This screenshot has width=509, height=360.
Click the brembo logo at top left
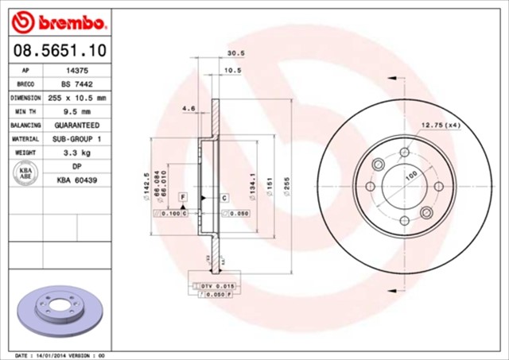(56, 20)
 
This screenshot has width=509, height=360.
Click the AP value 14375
(76, 71)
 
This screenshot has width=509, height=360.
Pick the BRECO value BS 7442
(76, 84)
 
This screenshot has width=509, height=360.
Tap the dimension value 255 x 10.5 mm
(76, 98)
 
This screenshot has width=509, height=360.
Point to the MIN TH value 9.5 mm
(76, 111)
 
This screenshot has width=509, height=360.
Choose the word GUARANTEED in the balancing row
(76, 126)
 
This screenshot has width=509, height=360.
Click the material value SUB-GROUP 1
(76, 139)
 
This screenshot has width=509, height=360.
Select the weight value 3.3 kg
(76, 153)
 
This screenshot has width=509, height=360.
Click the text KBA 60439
(76, 180)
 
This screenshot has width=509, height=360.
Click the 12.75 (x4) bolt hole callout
(440, 125)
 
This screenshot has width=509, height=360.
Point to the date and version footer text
(60, 354)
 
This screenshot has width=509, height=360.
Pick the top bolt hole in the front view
(403, 152)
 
